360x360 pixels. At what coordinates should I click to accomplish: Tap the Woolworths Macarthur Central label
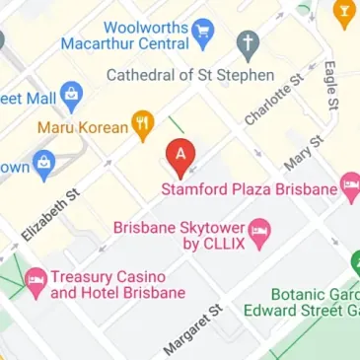122,34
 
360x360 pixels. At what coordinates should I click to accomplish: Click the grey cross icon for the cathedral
247,42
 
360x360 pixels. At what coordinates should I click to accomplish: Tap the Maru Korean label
84,127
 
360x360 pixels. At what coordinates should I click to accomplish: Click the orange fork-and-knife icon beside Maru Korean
144,124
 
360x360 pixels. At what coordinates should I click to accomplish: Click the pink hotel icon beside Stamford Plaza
349,186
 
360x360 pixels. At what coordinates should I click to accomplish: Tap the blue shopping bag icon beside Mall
71,96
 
